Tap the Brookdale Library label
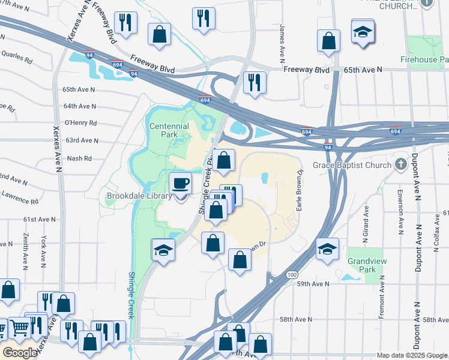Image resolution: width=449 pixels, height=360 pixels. pyautogui.click(x=139, y=196)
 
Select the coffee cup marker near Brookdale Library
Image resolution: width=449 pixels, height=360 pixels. pyautogui.click(x=181, y=183)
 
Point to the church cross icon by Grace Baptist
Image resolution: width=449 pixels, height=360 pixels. pyautogui.click(x=400, y=164)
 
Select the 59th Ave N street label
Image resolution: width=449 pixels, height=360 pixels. pyautogui.click(x=313, y=284)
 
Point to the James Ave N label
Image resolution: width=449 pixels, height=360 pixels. pyautogui.click(x=282, y=43)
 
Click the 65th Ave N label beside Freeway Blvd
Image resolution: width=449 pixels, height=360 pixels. pyautogui.click(x=363, y=70)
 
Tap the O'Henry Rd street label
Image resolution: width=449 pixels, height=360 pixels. pyautogui.click(x=80, y=123)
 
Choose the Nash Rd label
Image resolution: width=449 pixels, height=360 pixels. pyautogui.click(x=79, y=158)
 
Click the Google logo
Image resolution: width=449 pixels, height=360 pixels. pyautogui.click(x=20, y=353)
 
